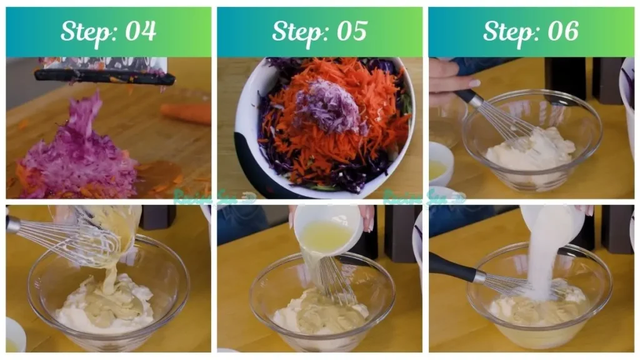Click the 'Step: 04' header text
click(108, 31)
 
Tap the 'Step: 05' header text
click(319, 31)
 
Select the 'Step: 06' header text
click(531, 31)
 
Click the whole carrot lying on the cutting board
click(186, 113)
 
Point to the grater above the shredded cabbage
click(105, 74)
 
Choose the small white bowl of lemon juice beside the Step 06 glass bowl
click(441, 164)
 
